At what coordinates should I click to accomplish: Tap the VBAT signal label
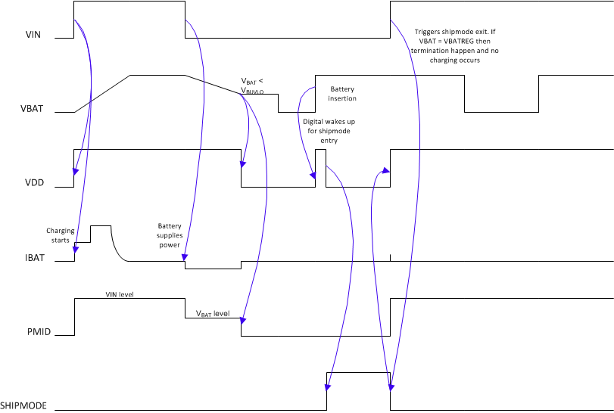(32, 108)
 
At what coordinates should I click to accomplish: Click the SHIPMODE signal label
(23, 405)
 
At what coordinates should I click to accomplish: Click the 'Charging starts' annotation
(61, 235)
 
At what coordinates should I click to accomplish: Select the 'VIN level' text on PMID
(119, 293)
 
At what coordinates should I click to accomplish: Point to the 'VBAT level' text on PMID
(213, 313)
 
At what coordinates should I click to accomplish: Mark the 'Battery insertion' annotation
(342, 94)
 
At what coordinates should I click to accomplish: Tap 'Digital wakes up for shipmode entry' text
(329, 131)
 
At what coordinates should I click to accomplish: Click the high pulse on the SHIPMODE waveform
(357, 373)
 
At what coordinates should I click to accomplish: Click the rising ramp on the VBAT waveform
(103, 94)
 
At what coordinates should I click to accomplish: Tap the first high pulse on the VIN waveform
(129, 2)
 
